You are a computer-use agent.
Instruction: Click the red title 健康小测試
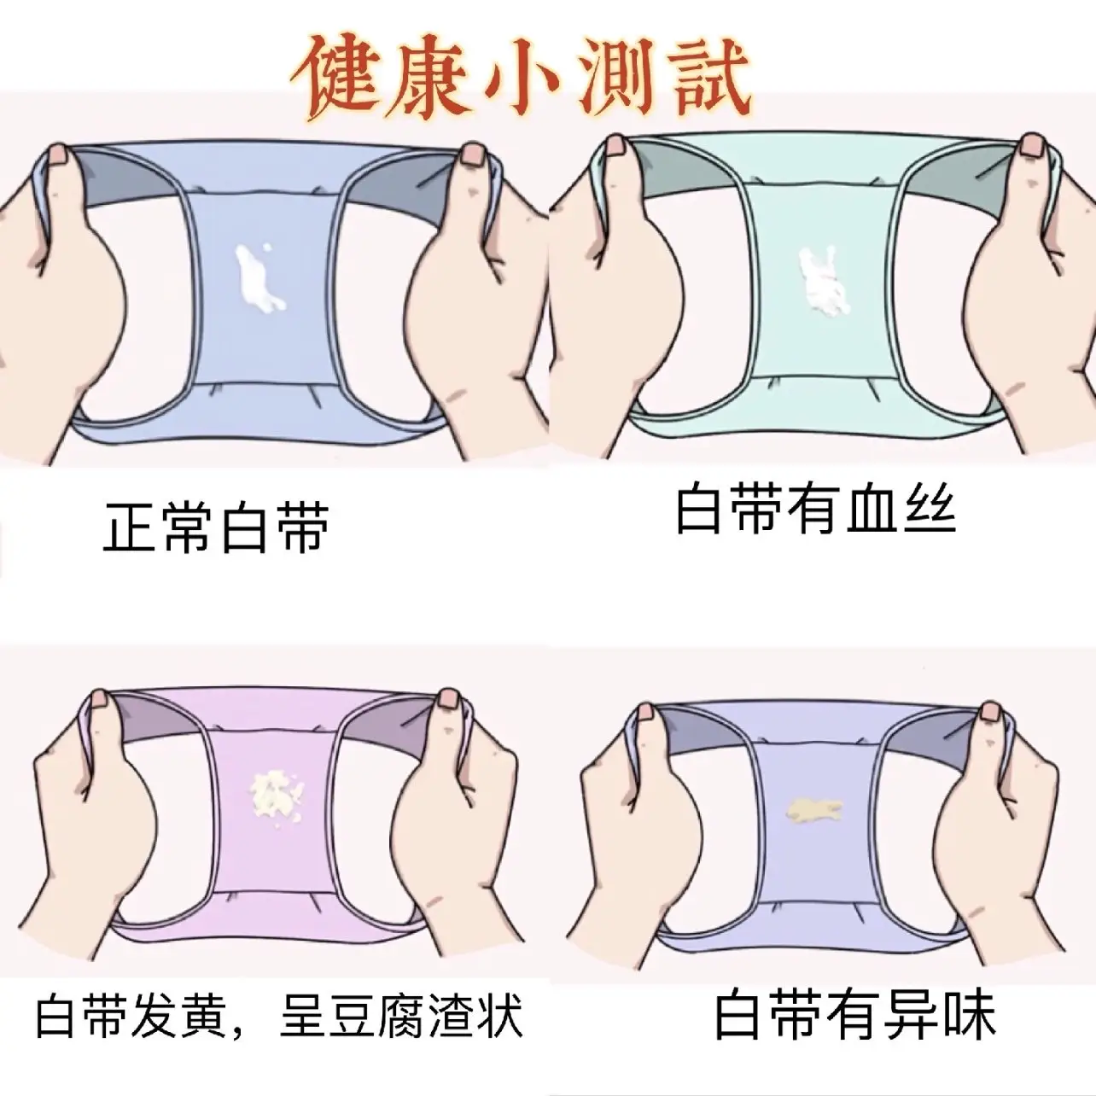(x=522, y=78)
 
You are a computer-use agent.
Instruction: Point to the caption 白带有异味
(x=855, y=1015)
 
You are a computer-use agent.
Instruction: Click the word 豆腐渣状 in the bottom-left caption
(x=401, y=1016)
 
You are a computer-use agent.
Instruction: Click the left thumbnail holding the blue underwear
(x=57, y=154)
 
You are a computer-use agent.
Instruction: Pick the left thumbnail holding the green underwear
(x=615, y=146)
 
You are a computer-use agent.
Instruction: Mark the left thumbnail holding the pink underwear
(x=100, y=698)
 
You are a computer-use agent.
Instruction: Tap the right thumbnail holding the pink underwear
(x=449, y=698)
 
